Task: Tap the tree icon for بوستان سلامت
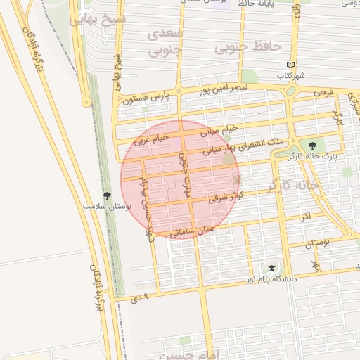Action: (x=107, y=196)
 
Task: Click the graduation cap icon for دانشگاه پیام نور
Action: (x=271, y=269)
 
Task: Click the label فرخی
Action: (x=323, y=92)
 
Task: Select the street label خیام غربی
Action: (x=153, y=139)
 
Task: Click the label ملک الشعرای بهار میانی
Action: (x=243, y=146)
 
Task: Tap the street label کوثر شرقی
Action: (x=226, y=197)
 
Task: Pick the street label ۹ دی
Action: (x=141, y=298)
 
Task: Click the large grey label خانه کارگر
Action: (x=291, y=185)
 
